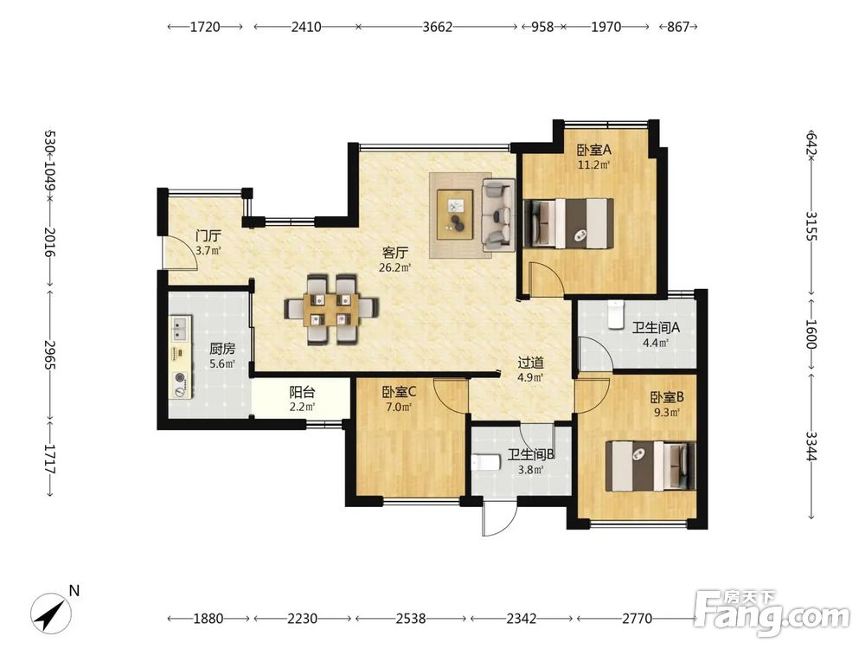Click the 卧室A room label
[x=594, y=150]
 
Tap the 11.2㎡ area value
[x=593, y=165]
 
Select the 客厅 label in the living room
[x=395, y=253]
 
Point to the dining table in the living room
[x=331, y=309]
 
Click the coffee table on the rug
[x=455, y=215]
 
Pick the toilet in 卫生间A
[x=615, y=315]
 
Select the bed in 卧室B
[x=650, y=466]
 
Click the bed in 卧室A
[x=568, y=223]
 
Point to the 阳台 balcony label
[x=302, y=392]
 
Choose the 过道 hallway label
[x=531, y=363]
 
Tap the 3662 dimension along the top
[x=438, y=27]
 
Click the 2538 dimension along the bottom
[x=410, y=618]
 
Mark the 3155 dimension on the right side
[x=811, y=226]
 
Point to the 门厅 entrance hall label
[x=208, y=235]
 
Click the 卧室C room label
[x=399, y=392]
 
